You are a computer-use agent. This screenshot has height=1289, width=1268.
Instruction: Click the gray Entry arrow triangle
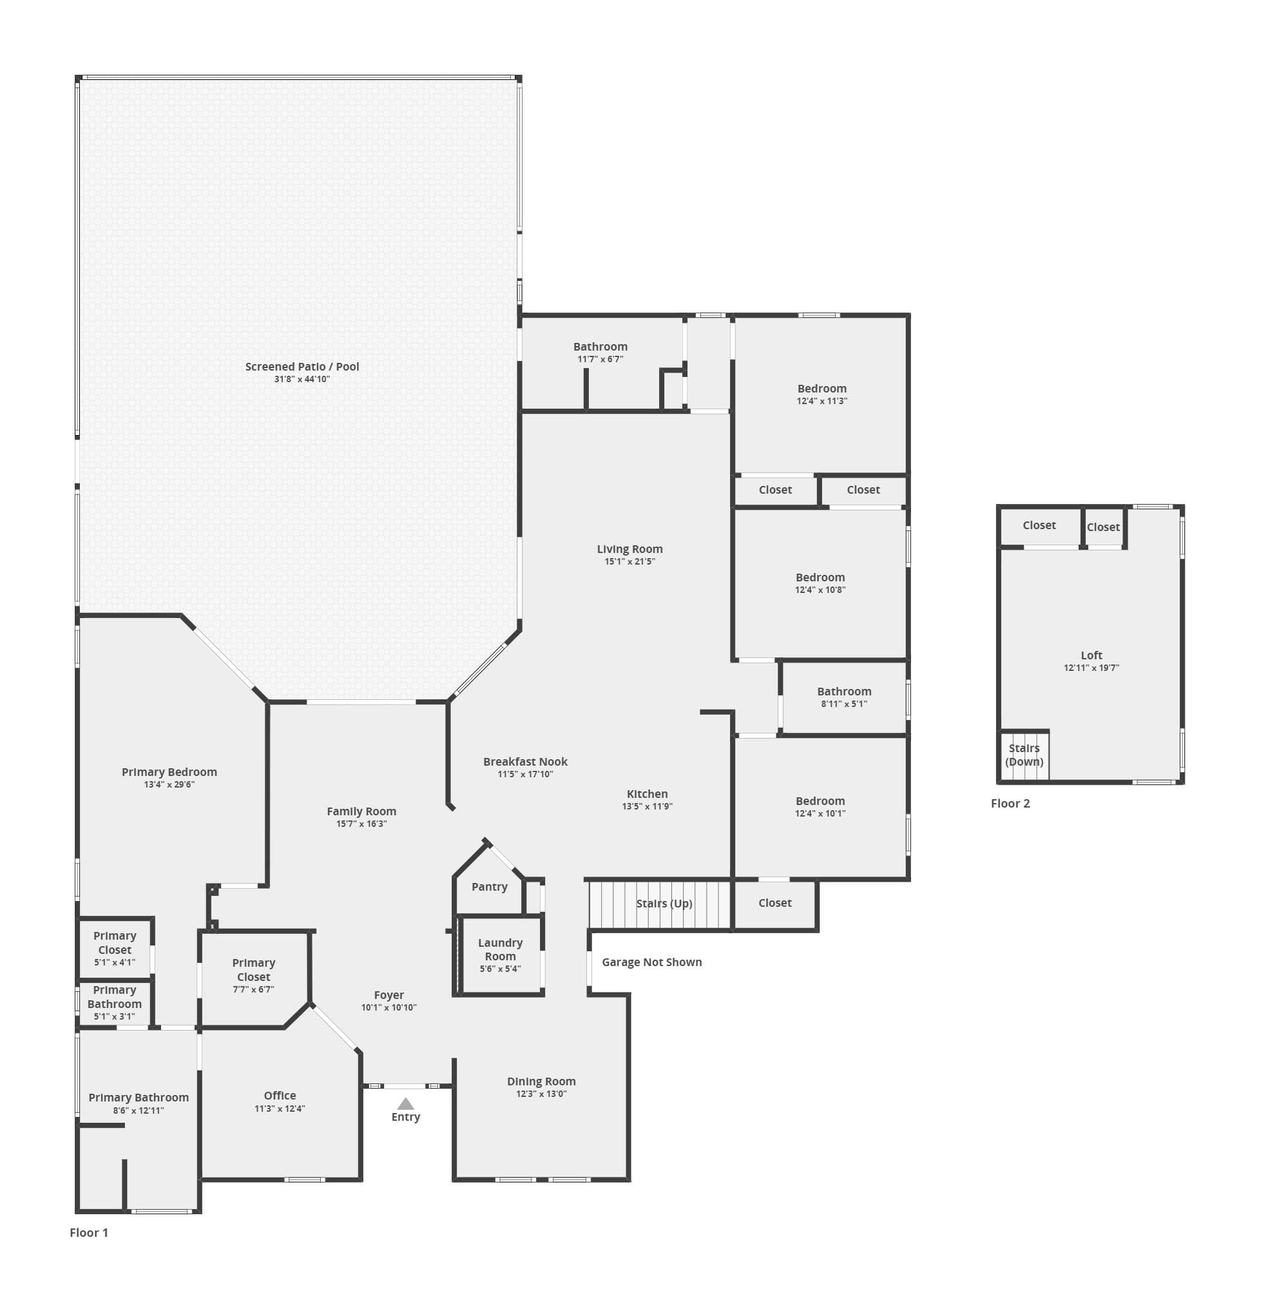(x=405, y=1104)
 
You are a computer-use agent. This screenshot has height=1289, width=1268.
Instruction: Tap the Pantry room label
(x=490, y=887)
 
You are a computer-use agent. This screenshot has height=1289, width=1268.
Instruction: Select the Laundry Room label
(x=500, y=949)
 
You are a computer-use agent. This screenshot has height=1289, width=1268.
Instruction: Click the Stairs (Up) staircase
(x=659, y=904)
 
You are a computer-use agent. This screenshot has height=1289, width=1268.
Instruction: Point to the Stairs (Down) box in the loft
(x=1024, y=755)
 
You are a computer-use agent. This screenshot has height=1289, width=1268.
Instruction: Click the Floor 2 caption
(x=1010, y=804)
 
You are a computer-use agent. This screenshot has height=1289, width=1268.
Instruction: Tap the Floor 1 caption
(x=88, y=1232)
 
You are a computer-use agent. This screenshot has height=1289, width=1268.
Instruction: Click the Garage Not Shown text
(x=652, y=962)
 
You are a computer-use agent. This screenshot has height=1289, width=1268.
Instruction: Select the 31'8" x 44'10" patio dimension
(x=302, y=379)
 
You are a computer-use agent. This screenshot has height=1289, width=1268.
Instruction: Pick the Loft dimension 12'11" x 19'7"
(x=1091, y=668)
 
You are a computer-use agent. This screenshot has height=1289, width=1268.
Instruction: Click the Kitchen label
(x=648, y=794)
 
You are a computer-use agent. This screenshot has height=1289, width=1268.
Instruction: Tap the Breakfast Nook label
(x=526, y=761)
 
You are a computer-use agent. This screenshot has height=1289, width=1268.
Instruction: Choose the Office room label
(x=280, y=1095)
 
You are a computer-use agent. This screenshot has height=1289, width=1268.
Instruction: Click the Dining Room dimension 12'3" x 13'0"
(x=541, y=1093)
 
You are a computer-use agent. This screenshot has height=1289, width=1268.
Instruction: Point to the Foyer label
(x=389, y=995)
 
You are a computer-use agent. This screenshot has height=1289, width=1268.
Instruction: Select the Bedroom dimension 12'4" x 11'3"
(x=821, y=400)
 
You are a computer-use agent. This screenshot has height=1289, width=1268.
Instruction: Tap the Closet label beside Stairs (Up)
(x=775, y=903)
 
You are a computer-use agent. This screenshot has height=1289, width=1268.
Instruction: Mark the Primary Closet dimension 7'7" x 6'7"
(x=253, y=989)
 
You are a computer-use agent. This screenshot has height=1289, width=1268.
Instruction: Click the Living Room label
(x=629, y=549)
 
